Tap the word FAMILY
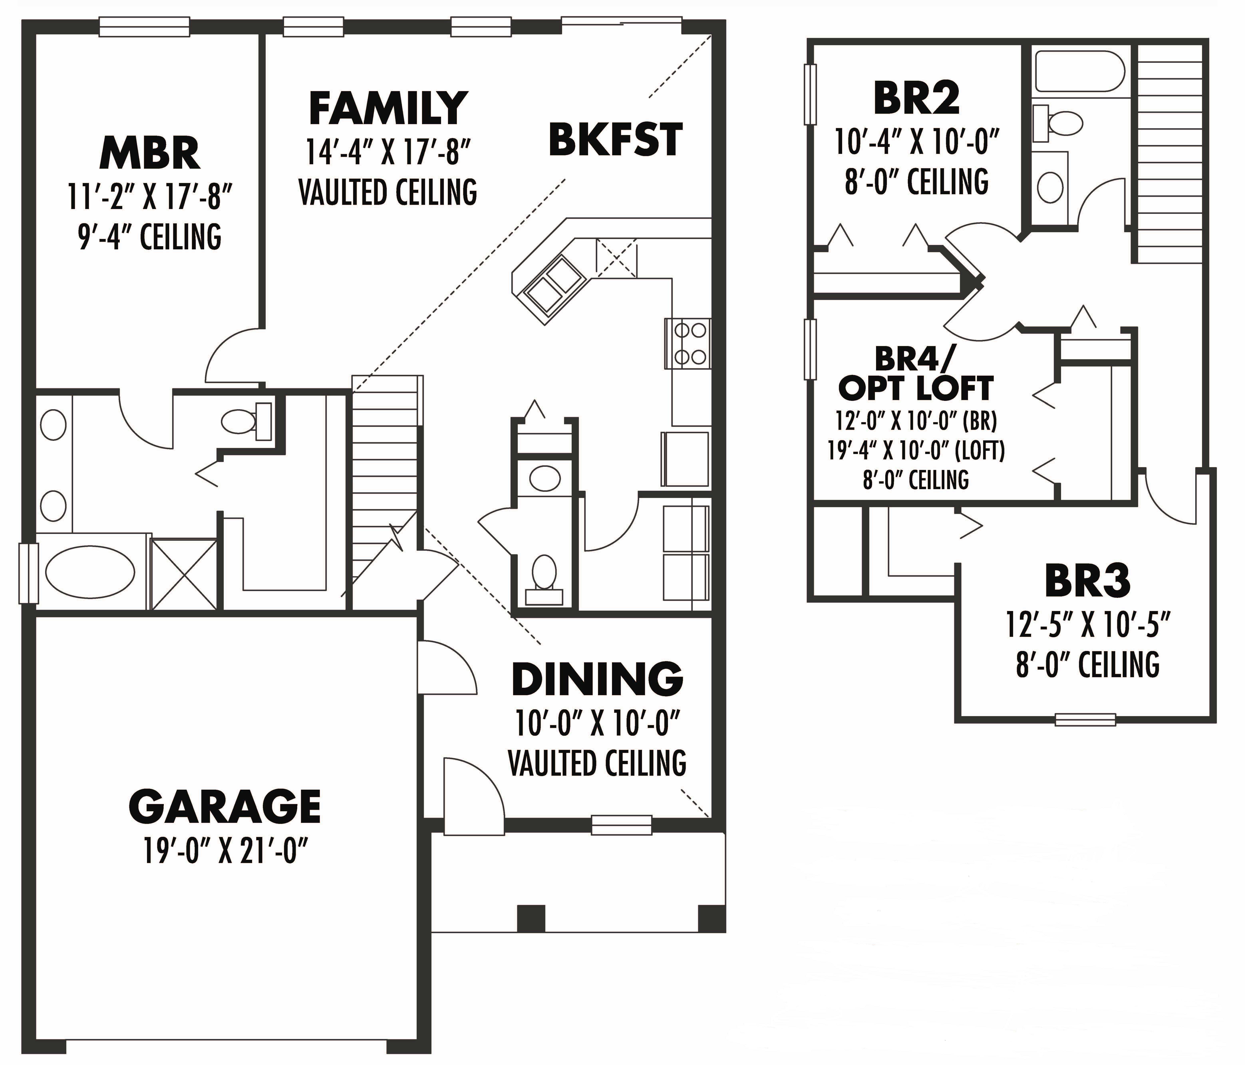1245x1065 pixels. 388,108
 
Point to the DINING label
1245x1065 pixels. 597,679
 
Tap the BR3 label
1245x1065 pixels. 1088,581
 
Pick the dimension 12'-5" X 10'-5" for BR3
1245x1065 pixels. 1088,624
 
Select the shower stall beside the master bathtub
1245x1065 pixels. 183,574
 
